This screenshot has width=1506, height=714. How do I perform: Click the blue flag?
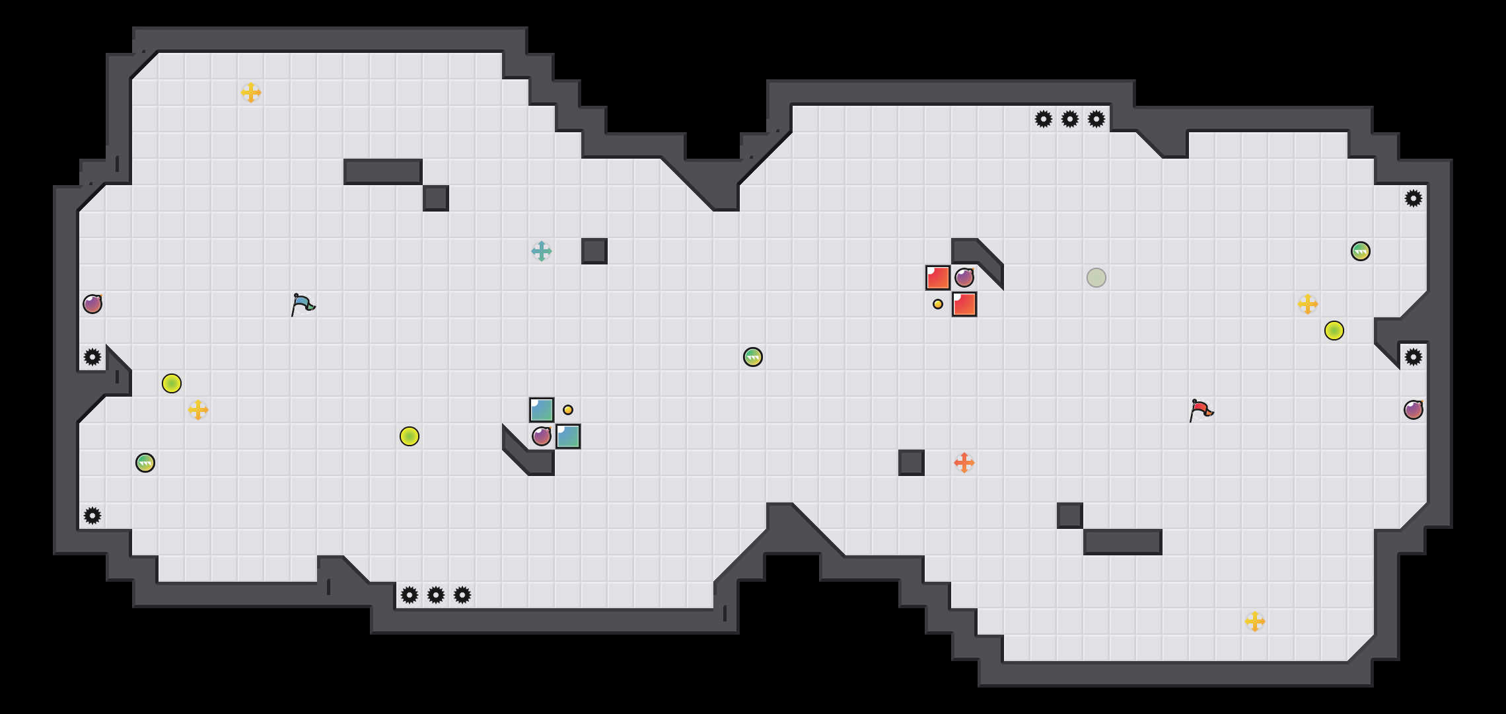click(303, 304)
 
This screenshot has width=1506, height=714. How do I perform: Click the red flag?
click(1201, 410)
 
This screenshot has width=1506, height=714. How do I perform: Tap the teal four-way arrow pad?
click(542, 251)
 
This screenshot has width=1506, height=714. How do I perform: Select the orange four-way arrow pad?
click(964, 463)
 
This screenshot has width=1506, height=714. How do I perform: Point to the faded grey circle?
click(1096, 278)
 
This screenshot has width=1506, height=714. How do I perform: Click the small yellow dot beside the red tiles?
click(938, 304)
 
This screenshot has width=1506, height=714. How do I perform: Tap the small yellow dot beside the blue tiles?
click(568, 410)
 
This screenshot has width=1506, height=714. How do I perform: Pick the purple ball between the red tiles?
click(964, 278)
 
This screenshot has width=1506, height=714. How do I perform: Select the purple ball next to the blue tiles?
click(542, 436)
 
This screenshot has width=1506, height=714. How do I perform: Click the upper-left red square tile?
click(938, 278)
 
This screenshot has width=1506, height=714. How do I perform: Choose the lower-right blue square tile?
click(568, 436)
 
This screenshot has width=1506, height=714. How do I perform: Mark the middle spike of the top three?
click(1070, 119)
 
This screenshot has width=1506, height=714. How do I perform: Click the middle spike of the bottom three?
click(436, 595)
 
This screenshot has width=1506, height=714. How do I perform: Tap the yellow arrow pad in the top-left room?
click(251, 93)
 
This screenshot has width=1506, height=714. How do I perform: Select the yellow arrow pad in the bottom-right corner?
click(1255, 621)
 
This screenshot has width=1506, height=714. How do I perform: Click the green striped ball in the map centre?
click(753, 357)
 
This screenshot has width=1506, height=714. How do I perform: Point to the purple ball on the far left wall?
click(92, 304)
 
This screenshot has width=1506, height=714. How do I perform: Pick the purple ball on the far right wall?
click(1414, 410)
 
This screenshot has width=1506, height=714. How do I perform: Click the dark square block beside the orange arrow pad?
click(912, 463)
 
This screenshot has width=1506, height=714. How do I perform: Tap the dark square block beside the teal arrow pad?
click(594, 251)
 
